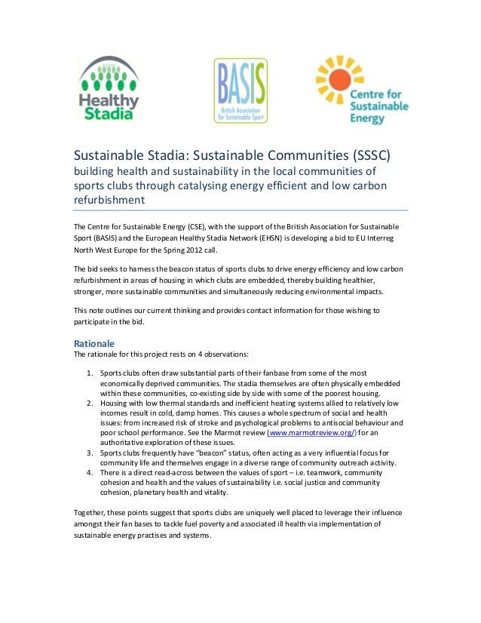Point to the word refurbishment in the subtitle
(108, 200)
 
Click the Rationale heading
(94, 342)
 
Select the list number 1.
(90, 373)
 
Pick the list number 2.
(90, 404)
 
